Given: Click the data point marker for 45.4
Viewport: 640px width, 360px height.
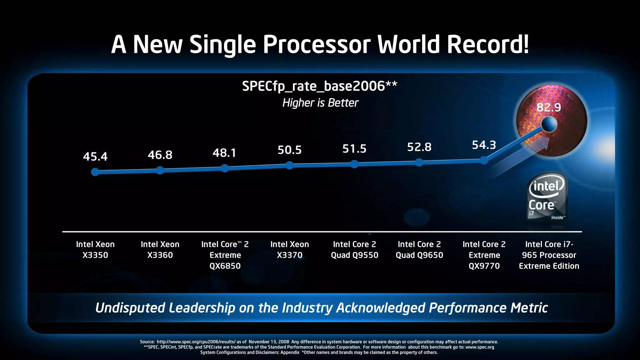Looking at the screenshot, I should pos(95,172).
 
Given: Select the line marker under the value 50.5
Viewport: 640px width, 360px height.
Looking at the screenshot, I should pos(290,165).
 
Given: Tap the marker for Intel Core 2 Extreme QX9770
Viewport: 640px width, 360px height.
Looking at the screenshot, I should pos(484,161).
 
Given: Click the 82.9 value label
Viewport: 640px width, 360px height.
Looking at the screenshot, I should pos(549,107).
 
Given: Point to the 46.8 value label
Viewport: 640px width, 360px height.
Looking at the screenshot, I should pos(160,155).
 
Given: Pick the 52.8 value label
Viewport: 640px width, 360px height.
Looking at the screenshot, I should pos(419,147).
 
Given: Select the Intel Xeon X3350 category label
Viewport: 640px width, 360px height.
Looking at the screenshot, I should pos(95,250).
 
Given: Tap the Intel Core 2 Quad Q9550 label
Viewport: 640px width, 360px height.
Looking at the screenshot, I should pos(354,250).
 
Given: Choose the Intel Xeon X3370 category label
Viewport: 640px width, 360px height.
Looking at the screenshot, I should pos(290,250).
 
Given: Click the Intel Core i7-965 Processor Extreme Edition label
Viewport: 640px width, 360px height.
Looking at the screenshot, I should pos(549,255).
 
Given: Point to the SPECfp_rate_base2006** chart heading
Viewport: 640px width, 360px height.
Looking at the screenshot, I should pos(319,86).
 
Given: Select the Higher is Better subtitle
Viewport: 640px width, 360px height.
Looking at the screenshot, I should pos(320,103).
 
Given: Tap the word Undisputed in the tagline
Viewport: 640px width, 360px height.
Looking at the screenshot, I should pos(130,308).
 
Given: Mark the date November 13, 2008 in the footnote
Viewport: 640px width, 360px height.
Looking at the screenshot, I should pos(269,342).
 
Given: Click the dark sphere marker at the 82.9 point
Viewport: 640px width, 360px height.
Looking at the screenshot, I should pos(549,125).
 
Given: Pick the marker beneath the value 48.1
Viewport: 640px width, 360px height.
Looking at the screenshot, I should pos(225,168).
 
